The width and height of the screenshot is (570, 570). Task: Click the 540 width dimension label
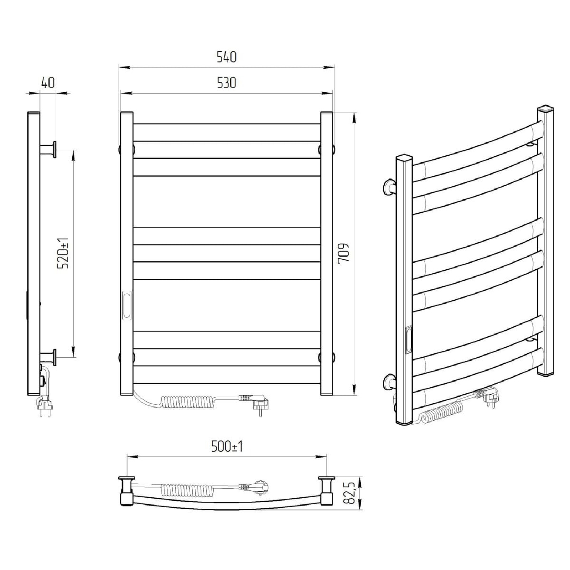[227, 57]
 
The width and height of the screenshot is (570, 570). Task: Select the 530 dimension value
[227, 83]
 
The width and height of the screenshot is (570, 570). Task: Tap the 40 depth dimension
[48, 83]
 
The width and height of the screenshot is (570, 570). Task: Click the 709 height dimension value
[344, 253]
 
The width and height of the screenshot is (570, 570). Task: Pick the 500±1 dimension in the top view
[227, 447]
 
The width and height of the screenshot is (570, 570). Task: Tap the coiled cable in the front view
[182, 403]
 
